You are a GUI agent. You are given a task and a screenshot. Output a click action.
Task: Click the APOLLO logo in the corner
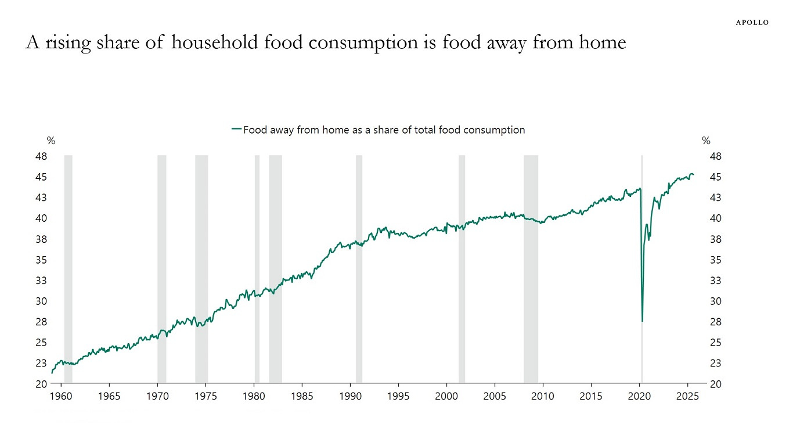(752, 22)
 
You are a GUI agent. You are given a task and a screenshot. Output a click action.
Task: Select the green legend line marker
(236, 130)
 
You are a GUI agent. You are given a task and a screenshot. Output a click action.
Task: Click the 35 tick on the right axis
(715, 260)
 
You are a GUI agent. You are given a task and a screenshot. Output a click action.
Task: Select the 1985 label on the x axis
(302, 397)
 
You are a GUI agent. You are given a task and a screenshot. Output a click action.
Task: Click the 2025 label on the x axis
(687, 397)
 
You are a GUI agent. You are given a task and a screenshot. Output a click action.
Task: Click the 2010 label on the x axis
(543, 397)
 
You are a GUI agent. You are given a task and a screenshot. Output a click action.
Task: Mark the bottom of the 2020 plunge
(642, 321)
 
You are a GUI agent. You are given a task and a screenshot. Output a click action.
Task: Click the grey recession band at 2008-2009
(531, 267)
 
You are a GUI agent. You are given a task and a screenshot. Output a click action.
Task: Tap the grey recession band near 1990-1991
(359, 267)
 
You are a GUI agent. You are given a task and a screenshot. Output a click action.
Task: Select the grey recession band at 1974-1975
(201, 267)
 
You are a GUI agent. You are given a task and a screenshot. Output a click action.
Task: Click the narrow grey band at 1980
(257, 267)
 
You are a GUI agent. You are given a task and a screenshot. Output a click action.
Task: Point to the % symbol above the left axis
(51, 141)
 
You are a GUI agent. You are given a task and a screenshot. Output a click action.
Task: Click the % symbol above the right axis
(706, 141)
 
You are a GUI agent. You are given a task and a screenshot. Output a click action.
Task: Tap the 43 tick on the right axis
(715, 197)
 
